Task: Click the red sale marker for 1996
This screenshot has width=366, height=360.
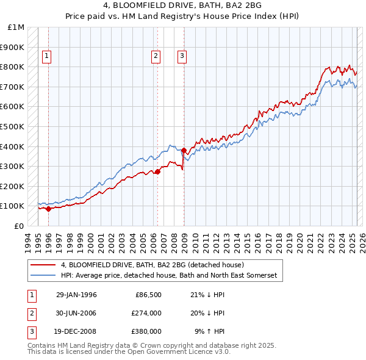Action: pos(48,209)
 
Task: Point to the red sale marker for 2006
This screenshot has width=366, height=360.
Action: pos(157,171)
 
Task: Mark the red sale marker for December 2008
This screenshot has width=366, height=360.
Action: pos(184,150)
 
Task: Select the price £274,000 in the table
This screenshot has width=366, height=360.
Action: pos(146,313)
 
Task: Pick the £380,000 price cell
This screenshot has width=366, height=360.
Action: pos(146,331)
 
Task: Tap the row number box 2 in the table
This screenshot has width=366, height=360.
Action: pos(30,313)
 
